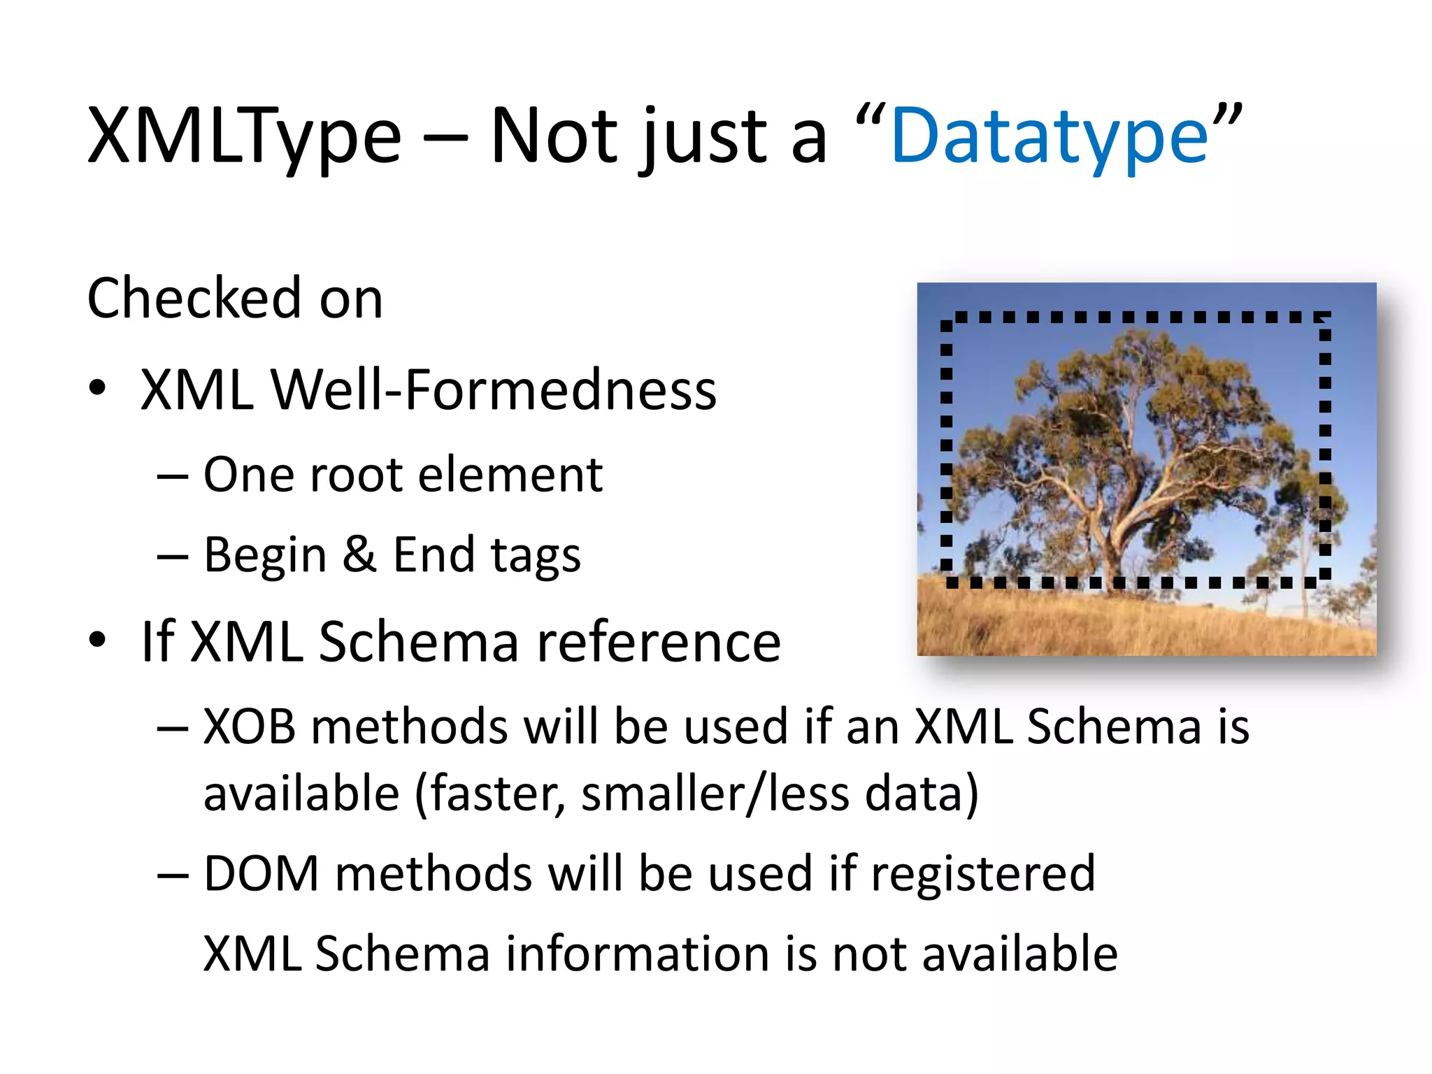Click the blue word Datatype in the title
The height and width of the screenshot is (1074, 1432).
coord(1049,136)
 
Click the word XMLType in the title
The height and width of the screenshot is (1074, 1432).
coord(244,136)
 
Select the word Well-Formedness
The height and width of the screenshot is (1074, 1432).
coord(494,389)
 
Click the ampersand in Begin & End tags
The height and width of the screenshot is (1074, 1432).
coord(359,554)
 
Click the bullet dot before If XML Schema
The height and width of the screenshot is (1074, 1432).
coord(97,640)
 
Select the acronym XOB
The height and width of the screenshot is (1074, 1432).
coord(250,727)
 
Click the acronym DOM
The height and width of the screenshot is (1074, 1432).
coord(261,874)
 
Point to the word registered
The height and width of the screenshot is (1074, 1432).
coord(983,874)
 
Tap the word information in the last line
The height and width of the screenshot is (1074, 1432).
coord(636,954)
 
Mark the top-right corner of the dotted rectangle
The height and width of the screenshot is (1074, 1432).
coord(1324,318)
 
